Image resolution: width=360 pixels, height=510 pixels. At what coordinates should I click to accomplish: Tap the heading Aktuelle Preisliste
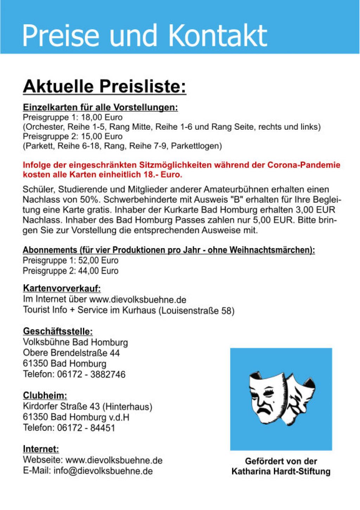pyautogui.click(x=104, y=87)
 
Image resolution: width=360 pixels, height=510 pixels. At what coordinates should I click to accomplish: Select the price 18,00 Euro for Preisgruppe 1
pyautogui.click(x=102, y=117)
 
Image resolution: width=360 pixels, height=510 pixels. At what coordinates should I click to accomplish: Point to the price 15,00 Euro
pyautogui.click(x=102, y=136)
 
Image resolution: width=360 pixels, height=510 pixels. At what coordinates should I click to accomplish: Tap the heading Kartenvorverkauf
pyautogui.click(x=62, y=289)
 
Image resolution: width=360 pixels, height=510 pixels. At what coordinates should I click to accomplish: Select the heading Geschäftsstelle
pyautogui.click(x=58, y=331)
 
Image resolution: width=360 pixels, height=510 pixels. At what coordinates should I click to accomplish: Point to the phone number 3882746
pyautogui.click(x=108, y=374)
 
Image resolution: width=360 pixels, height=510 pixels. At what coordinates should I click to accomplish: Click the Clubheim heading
pyautogui.click(x=45, y=395)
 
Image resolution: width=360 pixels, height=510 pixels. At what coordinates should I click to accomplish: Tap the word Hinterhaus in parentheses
pyautogui.click(x=127, y=407)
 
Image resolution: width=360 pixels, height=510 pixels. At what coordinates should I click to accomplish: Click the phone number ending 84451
pyautogui.click(x=103, y=428)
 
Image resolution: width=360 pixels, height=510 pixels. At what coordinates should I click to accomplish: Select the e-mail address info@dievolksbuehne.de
pyautogui.click(x=103, y=471)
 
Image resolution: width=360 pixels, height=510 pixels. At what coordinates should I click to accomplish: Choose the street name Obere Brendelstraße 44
pyautogui.click(x=71, y=353)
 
